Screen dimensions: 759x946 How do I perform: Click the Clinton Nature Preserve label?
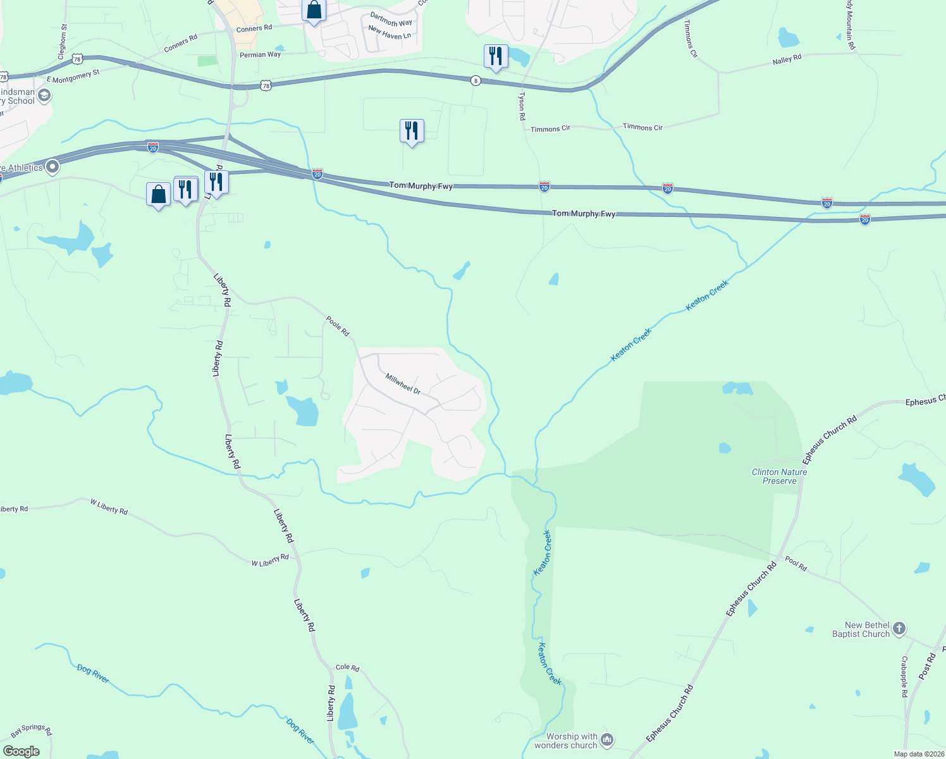point(779,476)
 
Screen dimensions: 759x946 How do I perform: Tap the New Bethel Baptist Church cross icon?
point(899,629)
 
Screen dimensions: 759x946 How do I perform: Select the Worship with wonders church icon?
point(607,739)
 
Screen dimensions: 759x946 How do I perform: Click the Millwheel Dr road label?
point(403,384)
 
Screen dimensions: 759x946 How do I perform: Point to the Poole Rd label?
point(337,326)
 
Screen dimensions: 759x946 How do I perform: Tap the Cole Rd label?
point(347,667)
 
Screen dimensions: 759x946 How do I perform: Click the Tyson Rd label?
point(522,106)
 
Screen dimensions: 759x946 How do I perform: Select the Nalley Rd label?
point(787,59)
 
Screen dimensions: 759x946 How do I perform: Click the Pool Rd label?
point(795,564)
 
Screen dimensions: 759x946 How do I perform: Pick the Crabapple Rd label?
point(904,677)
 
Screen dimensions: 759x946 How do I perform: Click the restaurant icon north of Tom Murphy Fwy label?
point(412,131)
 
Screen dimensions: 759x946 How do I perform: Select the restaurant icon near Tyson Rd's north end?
point(496,56)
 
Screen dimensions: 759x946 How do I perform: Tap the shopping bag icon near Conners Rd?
point(314,10)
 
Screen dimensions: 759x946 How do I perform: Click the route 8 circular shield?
point(476,80)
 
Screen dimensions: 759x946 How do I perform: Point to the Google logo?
point(21,751)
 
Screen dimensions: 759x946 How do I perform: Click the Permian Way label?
point(260,55)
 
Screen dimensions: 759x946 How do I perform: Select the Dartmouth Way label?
point(391,19)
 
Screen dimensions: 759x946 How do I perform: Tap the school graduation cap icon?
point(44,96)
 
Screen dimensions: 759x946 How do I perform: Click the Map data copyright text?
point(919,754)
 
